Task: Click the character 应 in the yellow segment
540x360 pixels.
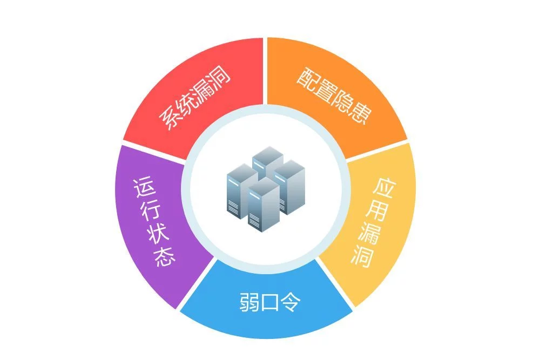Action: click(x=384, y=188)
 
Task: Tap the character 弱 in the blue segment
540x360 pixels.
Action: click(x=249, y=302)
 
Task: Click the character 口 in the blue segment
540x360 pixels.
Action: click(x=270, y=303)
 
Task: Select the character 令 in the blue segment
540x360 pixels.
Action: click(x=290, y=302)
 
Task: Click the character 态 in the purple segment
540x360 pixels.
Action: click(x=165, y=256)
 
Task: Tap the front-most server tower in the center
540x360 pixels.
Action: click(x=264, y=205)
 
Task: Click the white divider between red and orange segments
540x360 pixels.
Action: click(x=265, y=71)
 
